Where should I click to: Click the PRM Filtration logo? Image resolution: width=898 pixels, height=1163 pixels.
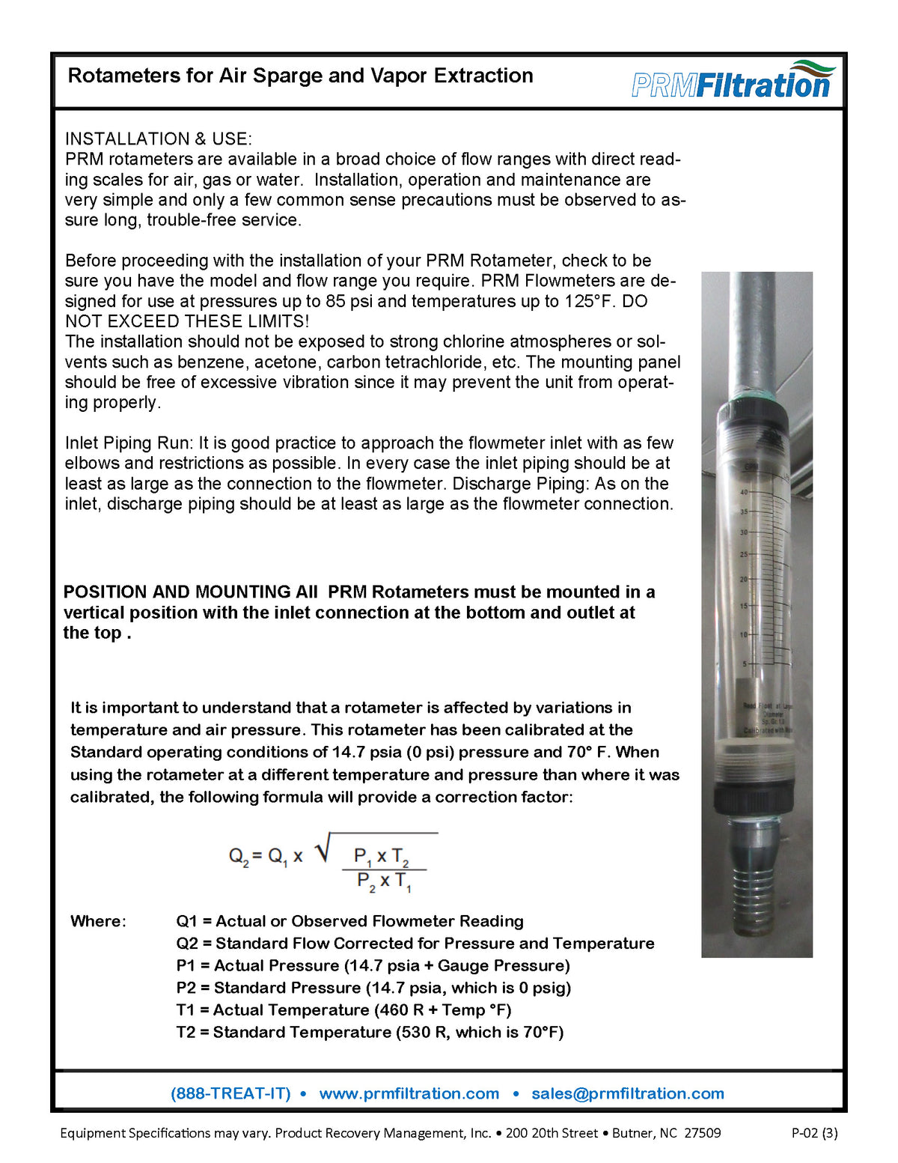[x=732, y=81]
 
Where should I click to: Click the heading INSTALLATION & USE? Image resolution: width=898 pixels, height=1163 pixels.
[x=158, y=139]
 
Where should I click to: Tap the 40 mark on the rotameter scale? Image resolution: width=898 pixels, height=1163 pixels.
[x=744, y=492]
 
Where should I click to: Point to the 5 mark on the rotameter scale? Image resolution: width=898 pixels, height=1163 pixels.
[x=744, y=664]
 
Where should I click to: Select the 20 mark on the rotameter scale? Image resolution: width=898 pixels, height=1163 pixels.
[x=744, y=580]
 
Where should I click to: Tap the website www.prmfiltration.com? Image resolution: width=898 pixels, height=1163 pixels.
[x=409, y=1093]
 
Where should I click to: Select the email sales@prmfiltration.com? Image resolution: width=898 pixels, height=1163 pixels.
[x=627, y=1093]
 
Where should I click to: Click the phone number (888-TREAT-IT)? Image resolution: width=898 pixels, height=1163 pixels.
[x=230, y=1093]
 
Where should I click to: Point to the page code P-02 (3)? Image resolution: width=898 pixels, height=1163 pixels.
[x=814, y=1133]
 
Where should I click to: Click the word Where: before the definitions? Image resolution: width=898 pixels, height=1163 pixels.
[x=98, y=921]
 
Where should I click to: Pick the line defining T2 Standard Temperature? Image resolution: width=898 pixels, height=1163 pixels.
[x=370, y=1032]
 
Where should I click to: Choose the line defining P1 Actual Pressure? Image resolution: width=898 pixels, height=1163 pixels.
[x=373, y=965]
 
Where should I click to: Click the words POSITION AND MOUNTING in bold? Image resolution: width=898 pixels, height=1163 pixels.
[x=177, y=592]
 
